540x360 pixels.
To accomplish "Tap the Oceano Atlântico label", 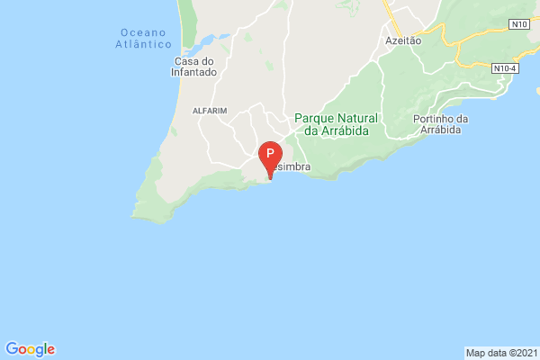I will [144, 38].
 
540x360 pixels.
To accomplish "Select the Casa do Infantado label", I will [194, 67].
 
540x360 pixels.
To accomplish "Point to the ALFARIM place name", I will [210, 110].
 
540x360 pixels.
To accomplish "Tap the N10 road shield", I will [517, 23].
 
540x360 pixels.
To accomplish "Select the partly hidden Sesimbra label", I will [294, 167].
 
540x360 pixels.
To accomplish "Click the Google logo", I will [30, 349].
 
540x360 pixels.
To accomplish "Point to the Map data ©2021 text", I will [501, 352].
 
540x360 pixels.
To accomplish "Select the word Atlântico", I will [144, 43].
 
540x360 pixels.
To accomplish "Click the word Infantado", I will [194, 73].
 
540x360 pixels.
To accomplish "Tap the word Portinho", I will [431, 120].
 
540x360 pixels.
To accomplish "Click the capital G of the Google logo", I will [12, 349].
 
